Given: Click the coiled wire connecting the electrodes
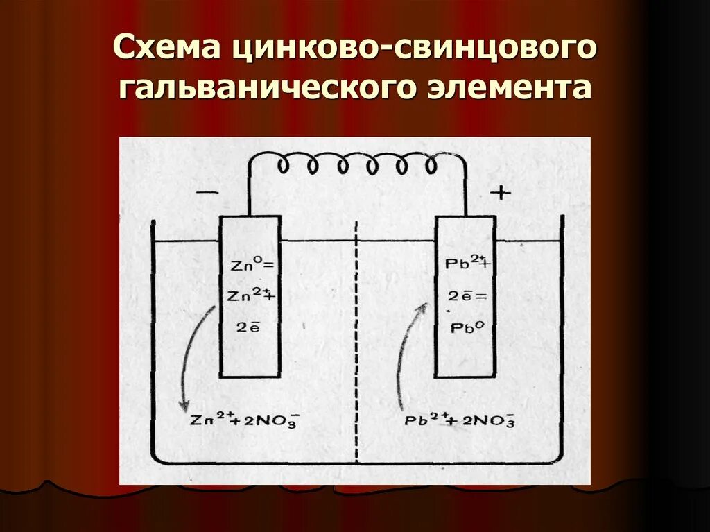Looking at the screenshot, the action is (357, 164).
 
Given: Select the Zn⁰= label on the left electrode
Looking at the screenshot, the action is (250, 265).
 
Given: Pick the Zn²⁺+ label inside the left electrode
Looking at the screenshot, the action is (250, 295).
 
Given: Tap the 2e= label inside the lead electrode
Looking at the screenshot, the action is (465, 296).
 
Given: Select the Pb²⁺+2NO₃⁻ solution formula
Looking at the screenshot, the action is (458, 421).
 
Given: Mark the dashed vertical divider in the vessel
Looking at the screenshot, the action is (356, 347).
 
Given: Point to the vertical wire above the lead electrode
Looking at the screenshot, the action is (466, 191).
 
